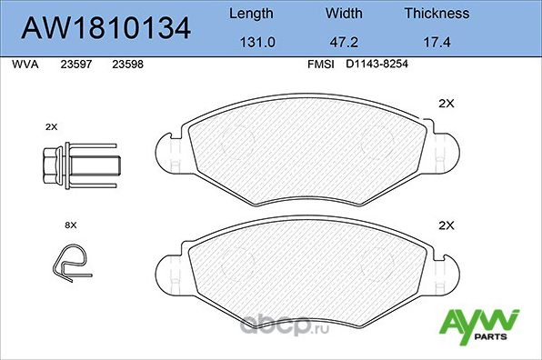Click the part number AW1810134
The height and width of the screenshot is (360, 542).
pos(105,27)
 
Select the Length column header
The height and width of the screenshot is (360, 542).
pos(249,14)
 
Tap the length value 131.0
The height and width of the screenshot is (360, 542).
pos(249,42)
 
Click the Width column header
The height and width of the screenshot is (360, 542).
pos(344,14)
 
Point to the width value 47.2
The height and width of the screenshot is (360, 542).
pos(344,42)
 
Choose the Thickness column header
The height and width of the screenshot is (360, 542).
pos(437,14)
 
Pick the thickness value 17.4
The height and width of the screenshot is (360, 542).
pos(437,42)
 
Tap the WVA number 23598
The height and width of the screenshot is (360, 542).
pos(126,65)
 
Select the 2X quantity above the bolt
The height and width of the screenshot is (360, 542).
pos(51,126)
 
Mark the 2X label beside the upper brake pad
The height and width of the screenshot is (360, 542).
pos(446,103)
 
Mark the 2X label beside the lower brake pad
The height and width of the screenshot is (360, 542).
pos(446,225)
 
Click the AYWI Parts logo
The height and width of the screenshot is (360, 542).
pos(479,325)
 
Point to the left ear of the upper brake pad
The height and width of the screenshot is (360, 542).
pos(169,151)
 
